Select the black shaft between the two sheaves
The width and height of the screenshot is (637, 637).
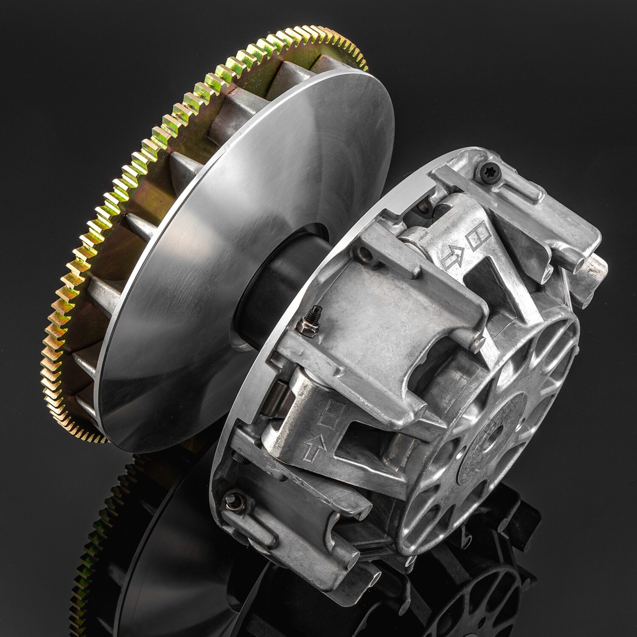[x=276, y=287]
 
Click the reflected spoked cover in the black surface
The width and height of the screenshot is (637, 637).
[x=478, y=589]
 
